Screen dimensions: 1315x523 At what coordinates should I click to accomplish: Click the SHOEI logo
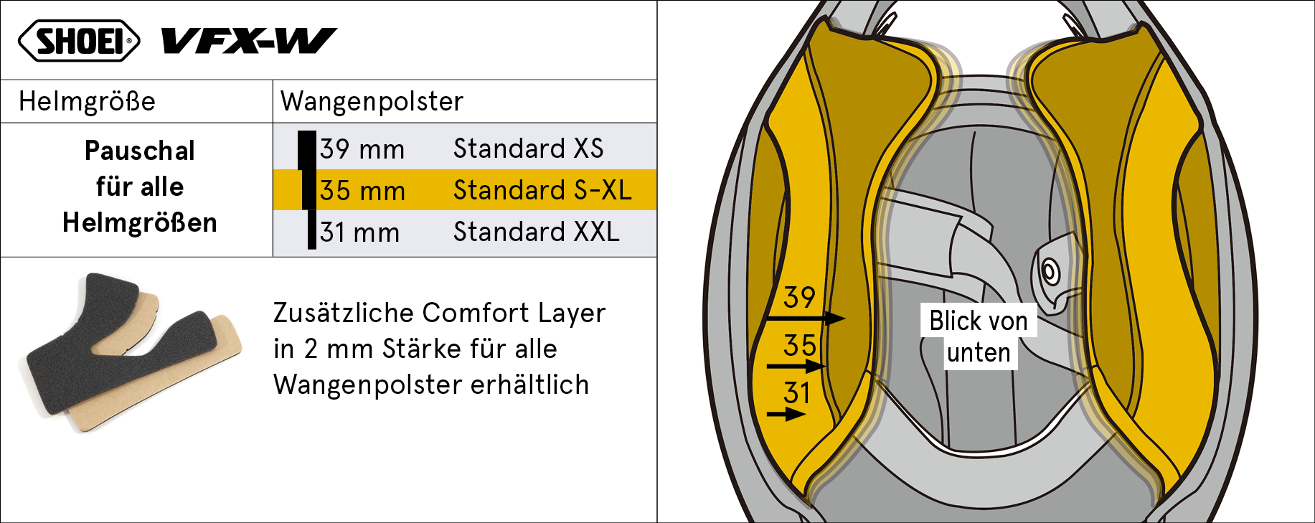point(79,41)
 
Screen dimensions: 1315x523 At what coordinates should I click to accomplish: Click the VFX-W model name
point(249,41)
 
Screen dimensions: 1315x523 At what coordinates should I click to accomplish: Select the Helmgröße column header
point(87,101)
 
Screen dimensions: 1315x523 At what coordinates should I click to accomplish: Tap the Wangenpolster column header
point(372,101)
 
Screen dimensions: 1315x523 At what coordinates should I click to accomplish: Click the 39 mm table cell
point(362,149)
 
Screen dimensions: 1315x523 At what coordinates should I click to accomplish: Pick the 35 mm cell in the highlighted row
point(362,191)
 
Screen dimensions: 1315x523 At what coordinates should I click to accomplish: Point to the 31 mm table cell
point(359,232)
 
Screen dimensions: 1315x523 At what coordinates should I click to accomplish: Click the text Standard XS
point(529,149)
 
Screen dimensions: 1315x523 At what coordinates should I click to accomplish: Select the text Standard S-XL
point(542,190)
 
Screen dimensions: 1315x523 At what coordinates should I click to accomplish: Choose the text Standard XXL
point(537,232)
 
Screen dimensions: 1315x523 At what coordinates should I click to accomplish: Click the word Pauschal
point(140,151)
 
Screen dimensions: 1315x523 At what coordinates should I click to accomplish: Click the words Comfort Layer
point(514,313)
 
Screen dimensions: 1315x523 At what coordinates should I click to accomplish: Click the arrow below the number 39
point(806,318)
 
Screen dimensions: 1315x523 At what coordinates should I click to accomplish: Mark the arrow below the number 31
point(786,414)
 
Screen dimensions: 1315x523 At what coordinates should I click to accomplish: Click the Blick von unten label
point(979,336)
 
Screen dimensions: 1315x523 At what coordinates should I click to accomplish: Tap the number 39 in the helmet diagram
point(800,297)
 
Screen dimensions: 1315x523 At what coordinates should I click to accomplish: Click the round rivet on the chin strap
point(1050,272)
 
